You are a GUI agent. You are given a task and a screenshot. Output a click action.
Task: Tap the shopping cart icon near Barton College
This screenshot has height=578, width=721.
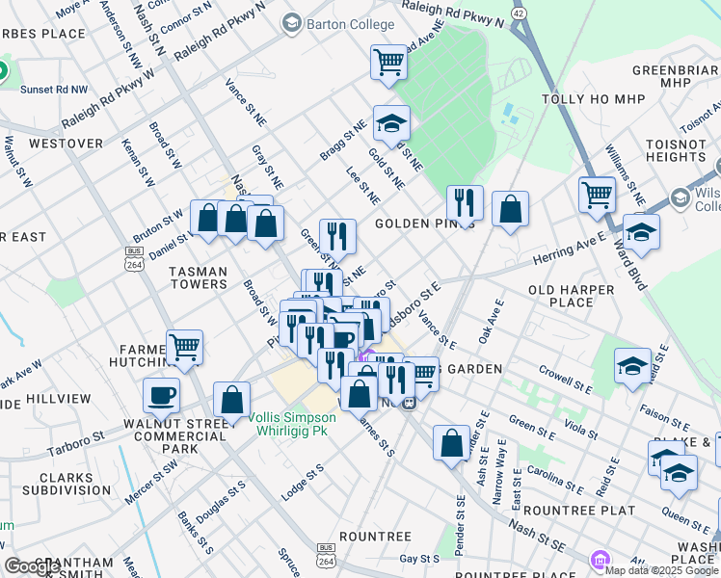click(x=388, y=63)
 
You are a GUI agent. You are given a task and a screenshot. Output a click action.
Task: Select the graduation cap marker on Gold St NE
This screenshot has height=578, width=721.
click(x=391, y=123)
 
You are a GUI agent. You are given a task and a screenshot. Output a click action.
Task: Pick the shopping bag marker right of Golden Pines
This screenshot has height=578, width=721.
click(x=510, y=209)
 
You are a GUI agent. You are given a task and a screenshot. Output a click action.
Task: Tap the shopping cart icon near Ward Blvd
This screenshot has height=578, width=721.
click(x=598, y=196)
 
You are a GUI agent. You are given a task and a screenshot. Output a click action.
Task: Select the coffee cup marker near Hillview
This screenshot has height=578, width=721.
click(x=162, y=395)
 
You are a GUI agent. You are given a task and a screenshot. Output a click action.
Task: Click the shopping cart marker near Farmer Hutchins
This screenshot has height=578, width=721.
click(x=184, y=347)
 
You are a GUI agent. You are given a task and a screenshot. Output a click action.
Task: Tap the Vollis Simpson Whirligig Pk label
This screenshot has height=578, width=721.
click(x=291, y=424)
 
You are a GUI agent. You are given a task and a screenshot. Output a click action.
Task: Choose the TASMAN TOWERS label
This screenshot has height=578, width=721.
click(x=199, y=277)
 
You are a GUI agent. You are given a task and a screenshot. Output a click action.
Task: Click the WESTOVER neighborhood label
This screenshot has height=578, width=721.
click(x=66, y=143)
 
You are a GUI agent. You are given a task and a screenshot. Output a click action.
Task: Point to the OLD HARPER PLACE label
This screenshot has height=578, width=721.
click(x=572, y=296)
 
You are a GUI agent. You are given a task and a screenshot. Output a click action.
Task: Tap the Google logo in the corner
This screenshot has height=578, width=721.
click(x=31, y=566)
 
